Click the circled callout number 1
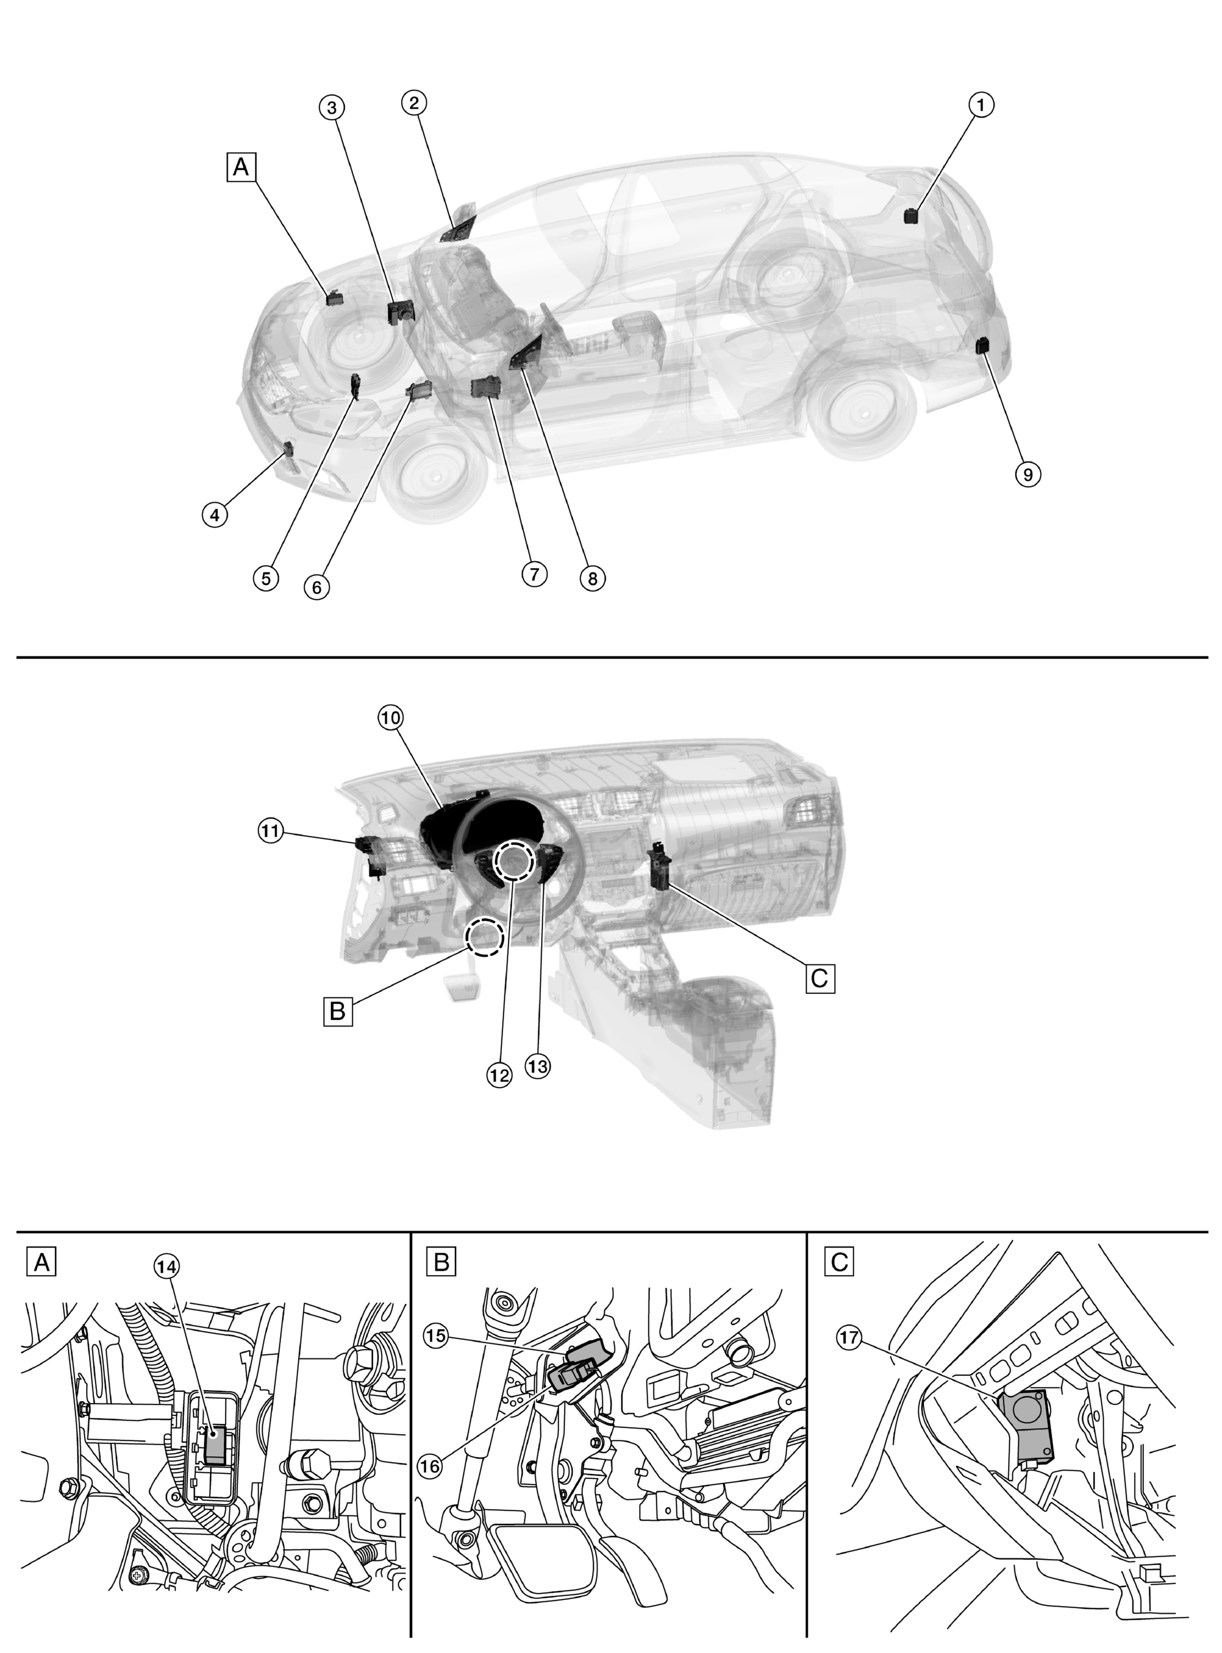[981, 105]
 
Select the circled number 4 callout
[215, 514]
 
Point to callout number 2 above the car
[414, 103]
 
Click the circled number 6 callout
[317, 587]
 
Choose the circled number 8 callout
[591, 578]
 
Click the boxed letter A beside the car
[241, 167]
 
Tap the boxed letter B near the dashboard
[338, 1010]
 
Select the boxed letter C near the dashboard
[820, 978]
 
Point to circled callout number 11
[271, 831]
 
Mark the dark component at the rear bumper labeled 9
[984, 345]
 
